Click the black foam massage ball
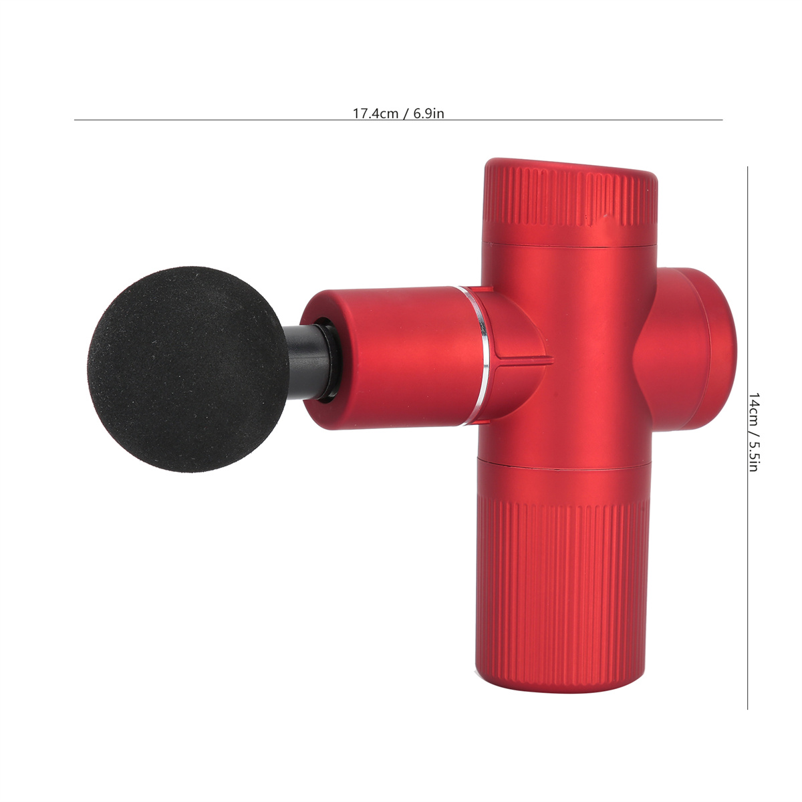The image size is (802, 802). [x=188, y=370]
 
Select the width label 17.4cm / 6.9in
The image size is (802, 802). [x=398, y=114]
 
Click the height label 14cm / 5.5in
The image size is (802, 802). [x=754, y=432]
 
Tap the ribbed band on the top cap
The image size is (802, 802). [x=570, y=200]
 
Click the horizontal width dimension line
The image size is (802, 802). [x=398, y=120]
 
